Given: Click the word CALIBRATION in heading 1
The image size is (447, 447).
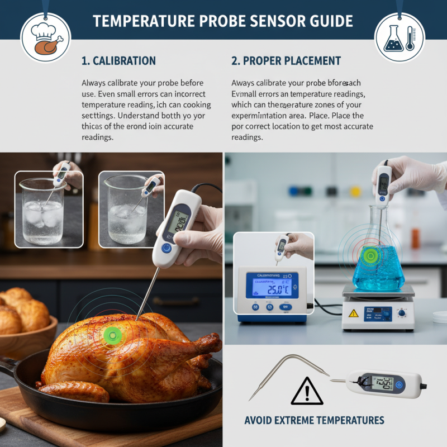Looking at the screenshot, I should pos(124,60).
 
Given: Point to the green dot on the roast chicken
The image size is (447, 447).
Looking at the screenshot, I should pos(112,335).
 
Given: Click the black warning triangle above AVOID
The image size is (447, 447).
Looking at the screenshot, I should pos(307,391).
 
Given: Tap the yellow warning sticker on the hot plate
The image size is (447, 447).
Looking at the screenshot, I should pos(353,313).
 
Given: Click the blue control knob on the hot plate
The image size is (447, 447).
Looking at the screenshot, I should pos(401,313).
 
